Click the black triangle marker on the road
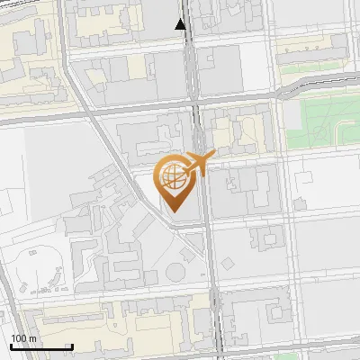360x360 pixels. point(182,24)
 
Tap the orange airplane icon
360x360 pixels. point(199,164)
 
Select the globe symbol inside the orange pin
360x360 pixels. point(173,174)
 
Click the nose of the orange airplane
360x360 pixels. point(215,157)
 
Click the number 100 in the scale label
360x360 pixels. point(18,338)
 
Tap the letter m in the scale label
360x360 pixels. point(32,338)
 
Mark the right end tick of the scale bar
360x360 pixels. point(72,346)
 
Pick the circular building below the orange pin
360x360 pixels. point(175,272)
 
